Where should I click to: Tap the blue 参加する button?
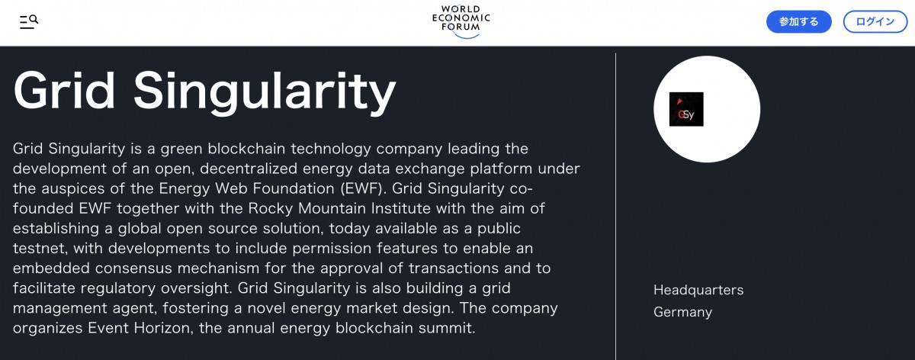[x=798, y=21]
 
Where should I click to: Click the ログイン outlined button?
[x=875, y=21]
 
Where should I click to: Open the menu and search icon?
[x=29, y=21]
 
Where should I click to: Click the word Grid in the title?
[x=64, y=92]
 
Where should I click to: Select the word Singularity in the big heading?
[x=265, y=92]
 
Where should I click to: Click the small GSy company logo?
[x=686, y=109]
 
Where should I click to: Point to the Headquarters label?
[x=698, y=290]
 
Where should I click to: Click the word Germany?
[x=682, y=312]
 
